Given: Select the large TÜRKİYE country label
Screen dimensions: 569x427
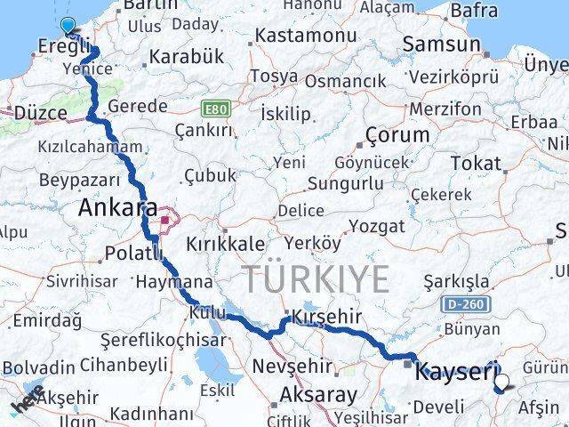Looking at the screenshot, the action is (317, 279).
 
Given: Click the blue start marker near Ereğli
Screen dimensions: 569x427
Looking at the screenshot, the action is (68, 26).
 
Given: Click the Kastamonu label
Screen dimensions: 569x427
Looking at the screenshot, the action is (300, 36).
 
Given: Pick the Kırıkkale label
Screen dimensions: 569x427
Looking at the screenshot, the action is (224, 243).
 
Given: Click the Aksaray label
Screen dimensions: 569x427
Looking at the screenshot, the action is (318, 394).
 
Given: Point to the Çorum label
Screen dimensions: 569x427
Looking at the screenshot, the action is (397, 136).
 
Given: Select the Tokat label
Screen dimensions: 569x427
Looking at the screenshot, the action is (476, 163).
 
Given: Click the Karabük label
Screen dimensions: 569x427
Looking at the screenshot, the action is (187, 56).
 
